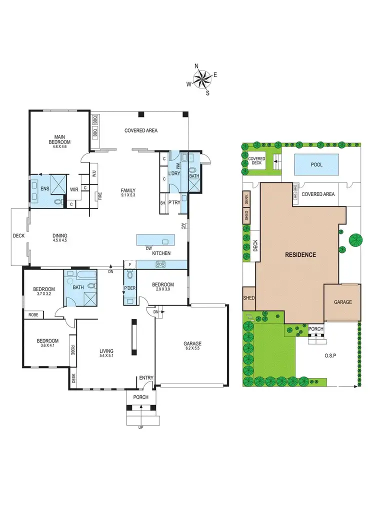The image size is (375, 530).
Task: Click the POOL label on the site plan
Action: click(x=316, y=164)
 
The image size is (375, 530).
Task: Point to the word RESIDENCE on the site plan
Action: click(x=300, y=254)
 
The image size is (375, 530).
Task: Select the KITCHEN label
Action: click(x=161, y=253)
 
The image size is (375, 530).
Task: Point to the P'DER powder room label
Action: click(x=130, y=288)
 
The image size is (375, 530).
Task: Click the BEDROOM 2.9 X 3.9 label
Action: click(x=162, y=287)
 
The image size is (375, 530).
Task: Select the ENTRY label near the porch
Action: click(x=146, y=377)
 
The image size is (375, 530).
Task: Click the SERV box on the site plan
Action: click(x=246, y=198)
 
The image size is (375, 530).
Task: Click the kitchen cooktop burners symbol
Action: click(x=161, y=264)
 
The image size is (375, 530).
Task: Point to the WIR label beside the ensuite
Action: click(x=74, y=190)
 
